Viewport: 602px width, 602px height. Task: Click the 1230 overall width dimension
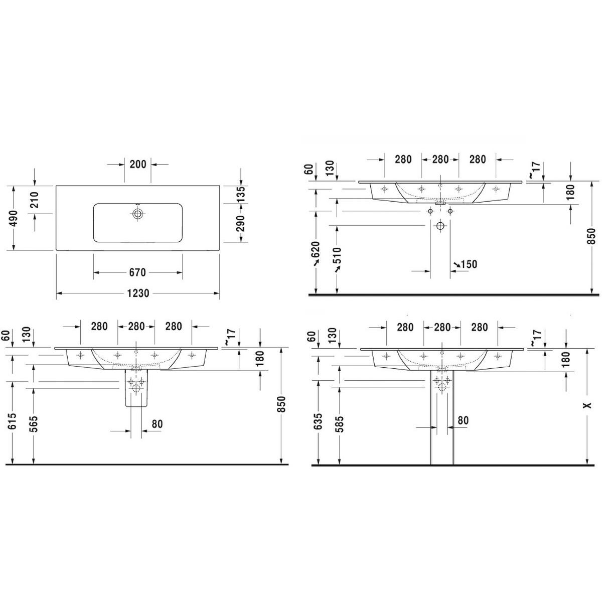138,293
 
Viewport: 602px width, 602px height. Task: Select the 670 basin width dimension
137,272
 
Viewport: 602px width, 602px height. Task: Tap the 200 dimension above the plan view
138,164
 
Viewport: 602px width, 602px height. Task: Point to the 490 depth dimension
14,218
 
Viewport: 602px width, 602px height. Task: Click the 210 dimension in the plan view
34,200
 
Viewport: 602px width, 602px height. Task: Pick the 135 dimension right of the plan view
241,194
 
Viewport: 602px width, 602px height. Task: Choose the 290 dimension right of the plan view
241,223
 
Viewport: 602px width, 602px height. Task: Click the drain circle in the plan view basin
137,214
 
